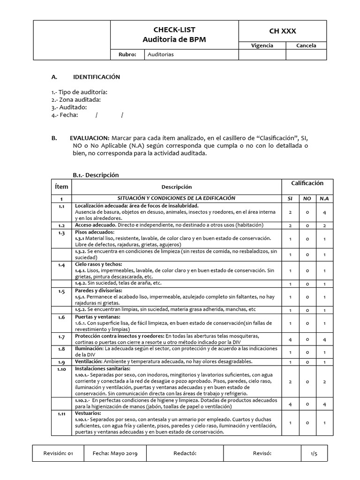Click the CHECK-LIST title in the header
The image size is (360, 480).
(174, 30)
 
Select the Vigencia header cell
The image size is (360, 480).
(262, 45)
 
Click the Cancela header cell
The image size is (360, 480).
(306, 45)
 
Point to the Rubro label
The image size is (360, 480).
(127, 54)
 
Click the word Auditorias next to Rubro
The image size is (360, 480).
(160, 54)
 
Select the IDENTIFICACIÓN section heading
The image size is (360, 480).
(97, 77)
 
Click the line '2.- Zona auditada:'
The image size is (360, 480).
(76, 99)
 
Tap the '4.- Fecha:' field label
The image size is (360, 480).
(64, 115)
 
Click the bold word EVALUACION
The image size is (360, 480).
(90, 138)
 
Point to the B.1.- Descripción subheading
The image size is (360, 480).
(96, 175)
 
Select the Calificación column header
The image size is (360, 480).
(307, 183)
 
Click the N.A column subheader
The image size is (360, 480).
(324, 198)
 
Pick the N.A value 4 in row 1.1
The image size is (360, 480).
(324, 212)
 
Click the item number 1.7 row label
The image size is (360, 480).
(61, 337)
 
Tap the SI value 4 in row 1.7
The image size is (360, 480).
(291, 339)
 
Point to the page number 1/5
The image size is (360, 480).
(314, 453)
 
